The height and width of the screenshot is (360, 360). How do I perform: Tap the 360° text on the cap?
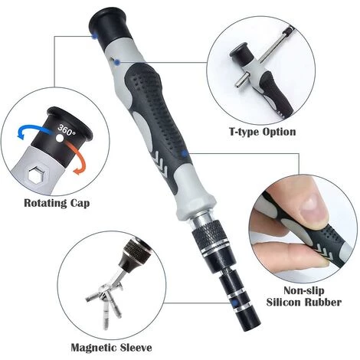pos(66,130)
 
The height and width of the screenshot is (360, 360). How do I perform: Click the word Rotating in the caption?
pos(44,204)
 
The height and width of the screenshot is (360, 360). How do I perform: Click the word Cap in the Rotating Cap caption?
pos(80,204)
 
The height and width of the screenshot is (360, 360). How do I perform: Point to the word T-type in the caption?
pos(244,133)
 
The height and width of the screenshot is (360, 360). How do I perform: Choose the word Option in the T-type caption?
pos(280,133)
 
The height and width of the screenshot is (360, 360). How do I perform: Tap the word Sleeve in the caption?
pos(136,348)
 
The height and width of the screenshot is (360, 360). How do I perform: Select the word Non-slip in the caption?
pos(304,290)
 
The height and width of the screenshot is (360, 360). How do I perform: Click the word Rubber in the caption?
pos(322,303)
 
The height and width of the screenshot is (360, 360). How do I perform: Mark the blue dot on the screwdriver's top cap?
pos(94,36)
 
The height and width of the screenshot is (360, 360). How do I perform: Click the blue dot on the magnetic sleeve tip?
pos(234,303)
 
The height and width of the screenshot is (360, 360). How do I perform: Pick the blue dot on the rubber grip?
pos(185,153)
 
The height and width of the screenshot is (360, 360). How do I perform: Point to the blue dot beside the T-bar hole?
pos(117,62)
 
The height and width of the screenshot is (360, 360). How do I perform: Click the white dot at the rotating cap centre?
pos(60,139)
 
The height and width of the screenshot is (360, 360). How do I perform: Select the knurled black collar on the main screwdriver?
pos(209,236)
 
